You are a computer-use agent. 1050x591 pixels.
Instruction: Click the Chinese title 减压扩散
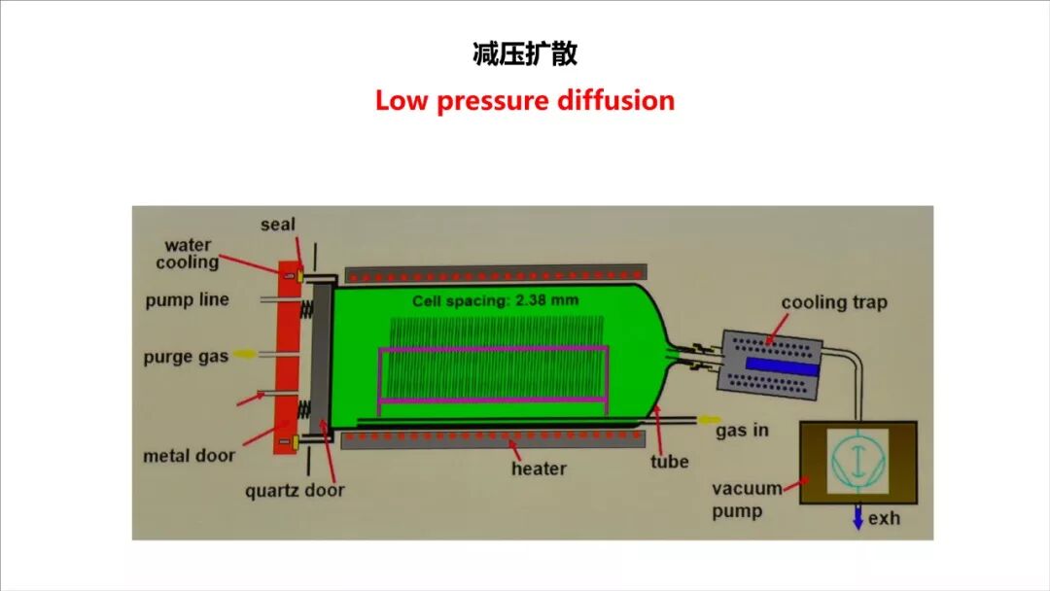point(524,54)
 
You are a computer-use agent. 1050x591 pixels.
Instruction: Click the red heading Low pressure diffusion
point(524,100)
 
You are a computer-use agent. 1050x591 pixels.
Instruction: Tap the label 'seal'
point(278,226)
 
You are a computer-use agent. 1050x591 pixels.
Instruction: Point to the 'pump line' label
point(188,299)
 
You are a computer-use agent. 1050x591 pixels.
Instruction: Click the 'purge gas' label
point(186,357)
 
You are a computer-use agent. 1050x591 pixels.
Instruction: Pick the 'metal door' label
point(190,455)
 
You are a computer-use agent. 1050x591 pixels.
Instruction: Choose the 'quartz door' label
point(295,490)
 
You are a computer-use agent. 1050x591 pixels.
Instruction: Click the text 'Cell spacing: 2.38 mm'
point(495,300)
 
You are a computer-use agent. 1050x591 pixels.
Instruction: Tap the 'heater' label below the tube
point(539,469)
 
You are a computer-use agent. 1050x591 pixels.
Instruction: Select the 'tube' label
point(670,462)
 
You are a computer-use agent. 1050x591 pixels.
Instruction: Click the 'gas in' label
point(742,429)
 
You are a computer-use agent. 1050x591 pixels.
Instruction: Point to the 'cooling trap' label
point(834,302)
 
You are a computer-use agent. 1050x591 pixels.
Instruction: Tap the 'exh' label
point(884,518)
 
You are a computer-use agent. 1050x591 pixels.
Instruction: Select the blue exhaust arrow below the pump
point(857,518)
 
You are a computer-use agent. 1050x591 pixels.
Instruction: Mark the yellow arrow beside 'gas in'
point(705,420)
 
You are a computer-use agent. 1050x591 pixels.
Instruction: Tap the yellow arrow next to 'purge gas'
point(245,355)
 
